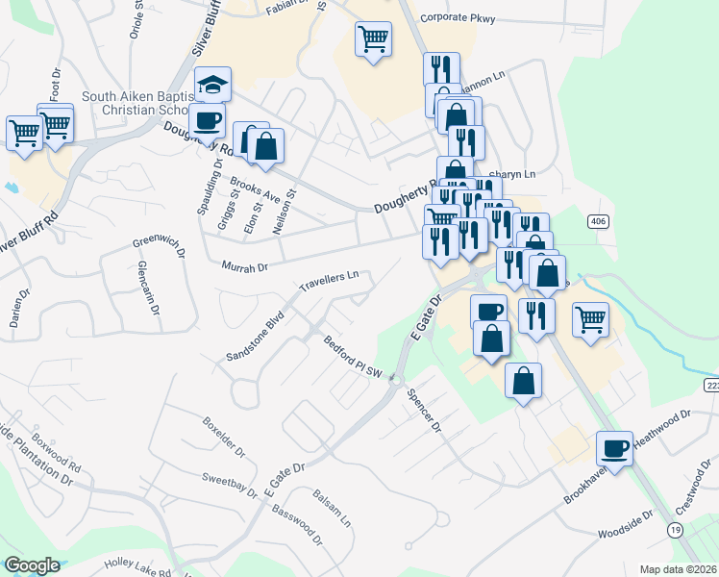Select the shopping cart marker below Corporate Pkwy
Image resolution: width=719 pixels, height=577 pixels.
(x=373, y=39)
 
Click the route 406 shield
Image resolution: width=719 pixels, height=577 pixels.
(x=598, y=221)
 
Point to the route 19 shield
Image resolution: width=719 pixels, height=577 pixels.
(x=676, y=530)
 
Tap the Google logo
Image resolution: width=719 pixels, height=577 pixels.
(x=32, y=565)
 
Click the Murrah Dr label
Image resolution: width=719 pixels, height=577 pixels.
(x=244, y=266)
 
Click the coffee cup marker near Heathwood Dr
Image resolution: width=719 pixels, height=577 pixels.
(x=614, y=447)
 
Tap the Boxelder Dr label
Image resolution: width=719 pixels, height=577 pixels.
(x=224, y=438)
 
